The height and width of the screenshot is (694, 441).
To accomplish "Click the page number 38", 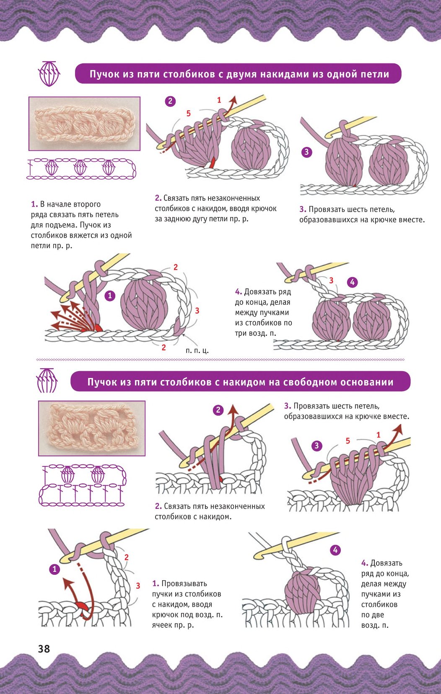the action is click(44, 649).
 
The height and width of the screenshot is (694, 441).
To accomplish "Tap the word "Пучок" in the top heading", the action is click(104, 74).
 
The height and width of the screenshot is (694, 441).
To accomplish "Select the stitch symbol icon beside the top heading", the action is click(49, 74).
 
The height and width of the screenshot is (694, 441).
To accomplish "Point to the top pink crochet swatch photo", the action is click(84, 123).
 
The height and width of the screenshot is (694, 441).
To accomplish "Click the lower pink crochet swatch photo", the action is click(92, 428).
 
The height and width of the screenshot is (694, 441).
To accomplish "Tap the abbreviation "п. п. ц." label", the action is click(197, 351).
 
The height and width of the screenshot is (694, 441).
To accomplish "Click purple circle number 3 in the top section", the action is click(306, 152).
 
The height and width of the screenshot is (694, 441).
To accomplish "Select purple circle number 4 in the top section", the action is click(352, 282).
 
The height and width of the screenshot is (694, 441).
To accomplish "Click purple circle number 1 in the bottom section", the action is click(54, 569).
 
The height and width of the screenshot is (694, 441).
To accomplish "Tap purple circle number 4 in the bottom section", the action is click(335, 550).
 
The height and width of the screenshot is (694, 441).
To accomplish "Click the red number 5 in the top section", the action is click(188, 113).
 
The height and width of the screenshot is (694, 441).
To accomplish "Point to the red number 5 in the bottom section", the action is click(348, 440).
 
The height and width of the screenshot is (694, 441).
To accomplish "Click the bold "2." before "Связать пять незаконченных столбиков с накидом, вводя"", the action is click(158, 198).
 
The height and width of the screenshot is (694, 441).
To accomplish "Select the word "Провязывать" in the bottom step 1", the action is click(184, 584).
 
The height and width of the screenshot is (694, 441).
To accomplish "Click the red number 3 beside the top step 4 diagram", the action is click(331, 280).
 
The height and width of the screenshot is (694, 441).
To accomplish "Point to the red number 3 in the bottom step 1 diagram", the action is click(138, 586).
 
